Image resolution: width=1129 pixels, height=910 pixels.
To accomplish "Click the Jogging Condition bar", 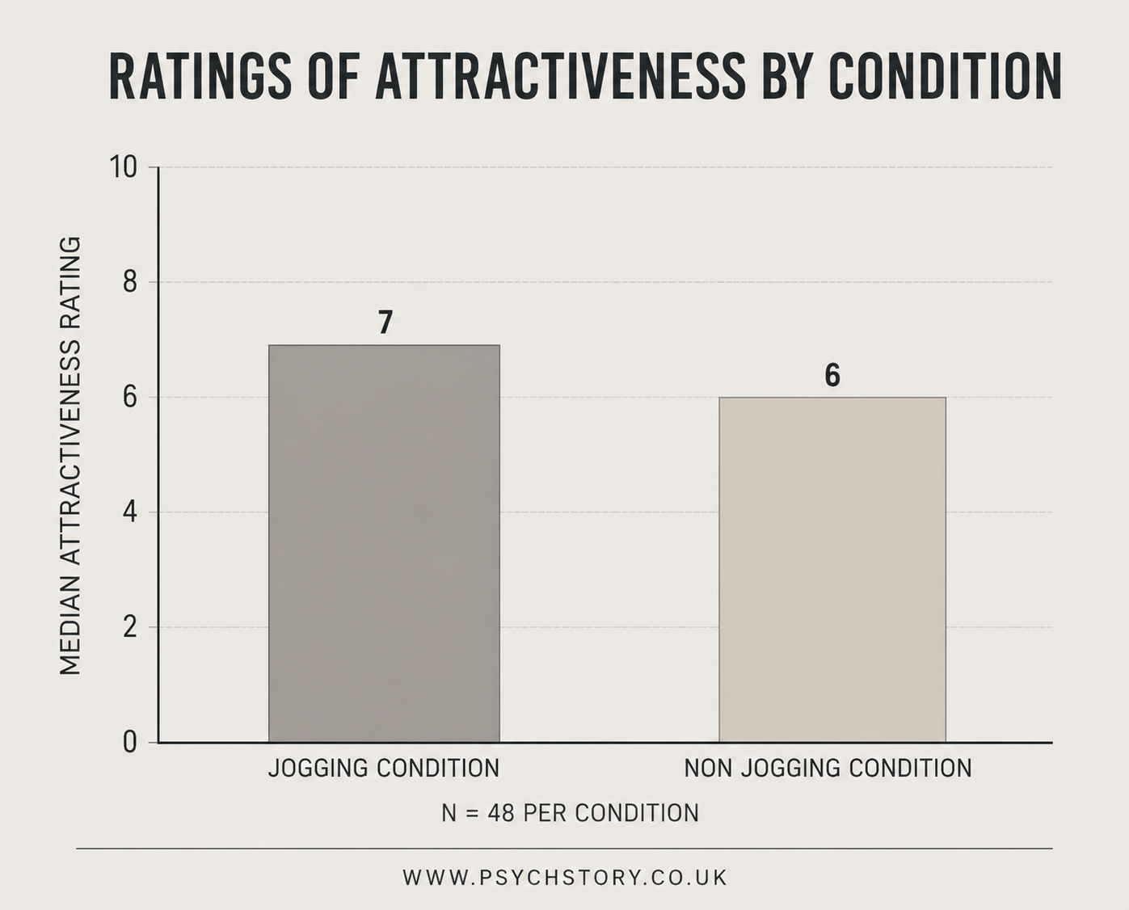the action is [384, 544].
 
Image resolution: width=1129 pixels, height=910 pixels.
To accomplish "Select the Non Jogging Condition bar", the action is [832, 570].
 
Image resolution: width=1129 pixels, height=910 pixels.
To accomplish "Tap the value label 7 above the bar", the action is [385, 322].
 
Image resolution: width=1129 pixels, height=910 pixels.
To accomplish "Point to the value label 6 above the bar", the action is [832, 375].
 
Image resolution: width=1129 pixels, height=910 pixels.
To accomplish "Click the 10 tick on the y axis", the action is [123, 167].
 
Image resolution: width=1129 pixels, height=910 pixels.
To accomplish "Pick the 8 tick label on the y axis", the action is [129, 282].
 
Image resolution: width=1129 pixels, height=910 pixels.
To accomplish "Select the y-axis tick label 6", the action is [129, 398].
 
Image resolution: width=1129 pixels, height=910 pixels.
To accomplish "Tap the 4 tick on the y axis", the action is [129, 512].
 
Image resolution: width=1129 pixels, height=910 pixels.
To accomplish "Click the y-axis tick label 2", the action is [129, 627].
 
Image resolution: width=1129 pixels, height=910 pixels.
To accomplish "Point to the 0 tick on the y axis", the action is [129, 743].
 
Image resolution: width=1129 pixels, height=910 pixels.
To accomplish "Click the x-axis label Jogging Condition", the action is [384, 769].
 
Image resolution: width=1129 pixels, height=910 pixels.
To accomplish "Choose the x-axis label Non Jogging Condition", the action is [828, 769].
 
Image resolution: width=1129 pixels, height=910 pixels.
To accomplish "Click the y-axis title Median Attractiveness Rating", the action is [70, 456].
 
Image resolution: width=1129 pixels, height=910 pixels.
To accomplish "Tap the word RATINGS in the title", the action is [200, 77].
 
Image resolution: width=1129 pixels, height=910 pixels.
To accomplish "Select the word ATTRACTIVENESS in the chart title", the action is [560, 77].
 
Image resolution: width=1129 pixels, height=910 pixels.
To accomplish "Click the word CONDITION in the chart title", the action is [947, 77].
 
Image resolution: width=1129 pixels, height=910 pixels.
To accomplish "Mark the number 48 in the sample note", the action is [501, 813].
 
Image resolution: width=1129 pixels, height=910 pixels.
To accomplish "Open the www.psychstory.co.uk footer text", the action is [565, 878].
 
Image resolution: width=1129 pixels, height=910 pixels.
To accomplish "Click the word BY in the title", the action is [789, 77].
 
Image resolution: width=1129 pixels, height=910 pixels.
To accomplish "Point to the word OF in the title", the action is [333, 77].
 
